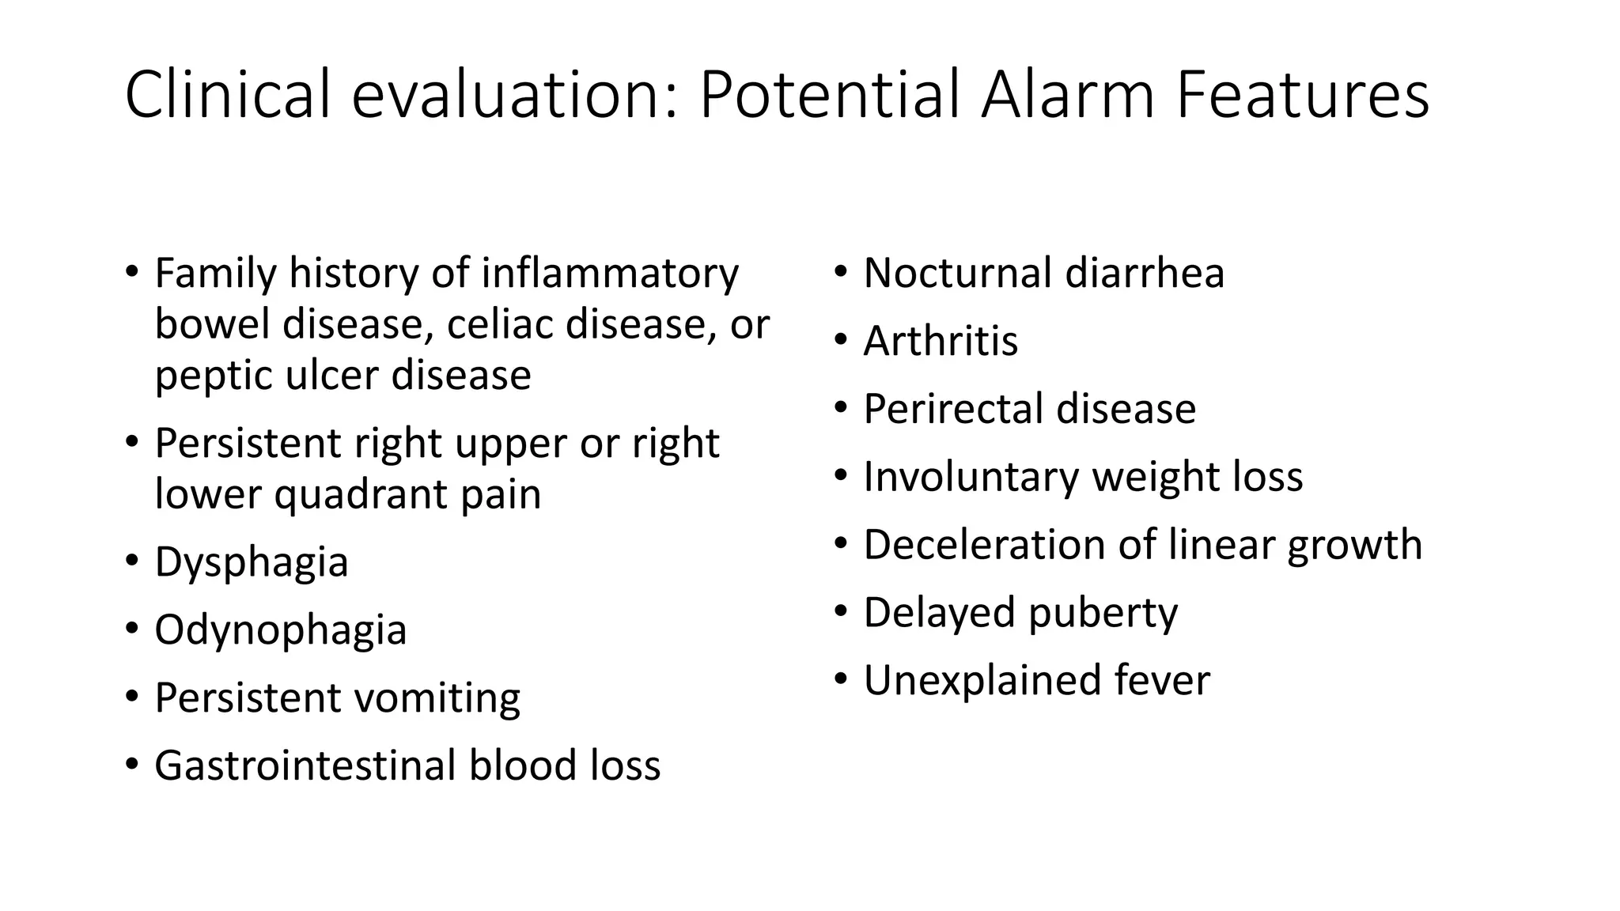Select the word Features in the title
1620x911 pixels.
coord(1302,95)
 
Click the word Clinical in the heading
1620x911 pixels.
coord(228,95)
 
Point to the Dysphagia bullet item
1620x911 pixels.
coord(252,563)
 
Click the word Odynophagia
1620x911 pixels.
coord(280,631)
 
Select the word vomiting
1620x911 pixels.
coord(437,699)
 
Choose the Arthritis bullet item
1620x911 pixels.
coord(940,341)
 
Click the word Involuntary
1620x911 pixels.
coord(970,477)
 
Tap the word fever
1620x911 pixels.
coord(1162,680)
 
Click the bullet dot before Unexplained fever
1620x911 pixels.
coord(842,679)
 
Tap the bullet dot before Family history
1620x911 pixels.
coord(132,271)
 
